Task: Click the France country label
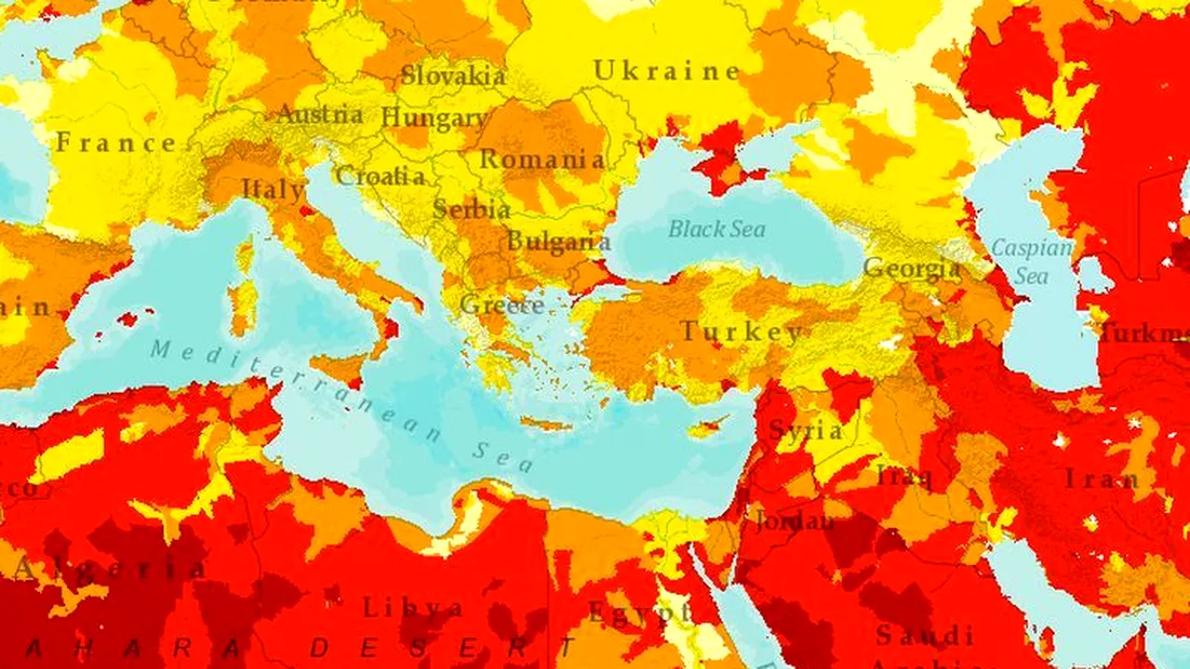pos(116,143)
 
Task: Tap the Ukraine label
pos(667,71)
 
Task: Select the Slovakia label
pos(454,75)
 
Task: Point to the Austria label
pos(320,115)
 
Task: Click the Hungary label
pos(434,118)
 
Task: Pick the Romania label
pos(541,159)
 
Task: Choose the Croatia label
pos(380,176)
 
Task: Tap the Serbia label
pos(471,209)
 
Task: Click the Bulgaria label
pos(558,242)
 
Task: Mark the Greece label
pos(502,304)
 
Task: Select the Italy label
pos(272,190)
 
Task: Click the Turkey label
pos(741,332)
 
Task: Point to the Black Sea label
pos(717,229)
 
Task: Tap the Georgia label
pos(911,269)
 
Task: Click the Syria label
pos(805,430)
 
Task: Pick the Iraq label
pos(904,477)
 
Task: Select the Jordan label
pos(794,520)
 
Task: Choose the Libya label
pos(413,609)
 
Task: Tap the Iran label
pos(1102,479)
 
